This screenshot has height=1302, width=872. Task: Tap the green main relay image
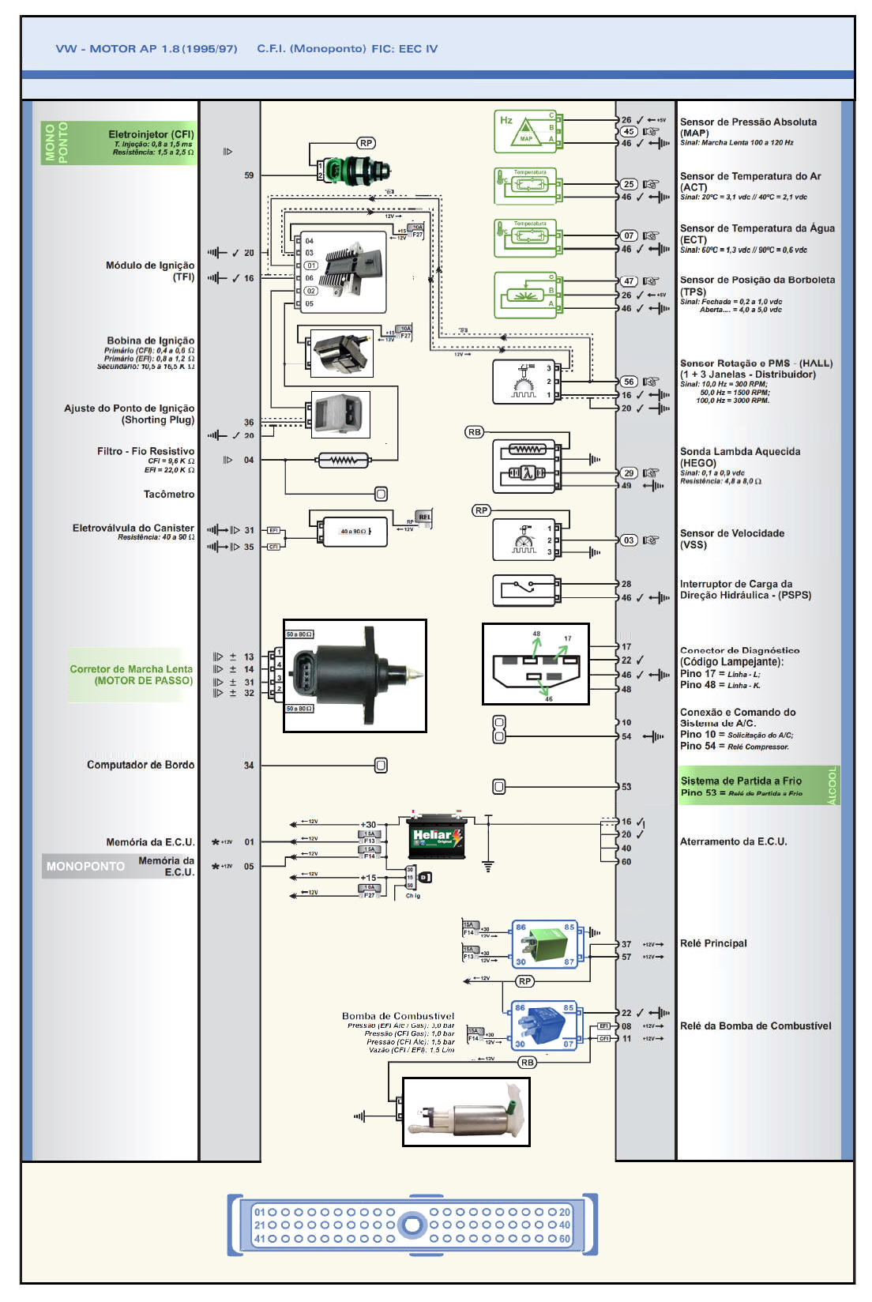tap(545, 944)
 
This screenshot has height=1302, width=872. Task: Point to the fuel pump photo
tap(466, 1112)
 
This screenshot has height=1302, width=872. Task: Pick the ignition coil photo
tap(341, 353)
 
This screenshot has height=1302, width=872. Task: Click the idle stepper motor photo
tap(355, 675)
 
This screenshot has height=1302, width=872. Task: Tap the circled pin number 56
tap(629, 382)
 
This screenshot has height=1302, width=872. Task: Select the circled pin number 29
tap(629, 473)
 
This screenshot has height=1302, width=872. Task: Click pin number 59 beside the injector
tap(249, 175)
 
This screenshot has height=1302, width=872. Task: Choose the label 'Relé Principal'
tap(713, 943)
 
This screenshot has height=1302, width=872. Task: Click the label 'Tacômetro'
tap(169, 495)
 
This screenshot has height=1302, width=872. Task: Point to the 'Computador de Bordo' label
tap(141, 765)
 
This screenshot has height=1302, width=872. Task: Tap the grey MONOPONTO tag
tap(85, 867)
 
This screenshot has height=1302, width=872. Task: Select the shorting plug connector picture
tap(340, 414)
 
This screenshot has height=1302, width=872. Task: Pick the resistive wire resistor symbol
tap(344, 460)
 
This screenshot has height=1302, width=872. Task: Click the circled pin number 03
tap(629, 540)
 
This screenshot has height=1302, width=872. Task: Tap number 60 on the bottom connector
tap(565, 1239)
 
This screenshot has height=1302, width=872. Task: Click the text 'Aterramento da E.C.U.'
tap(733, 842)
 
